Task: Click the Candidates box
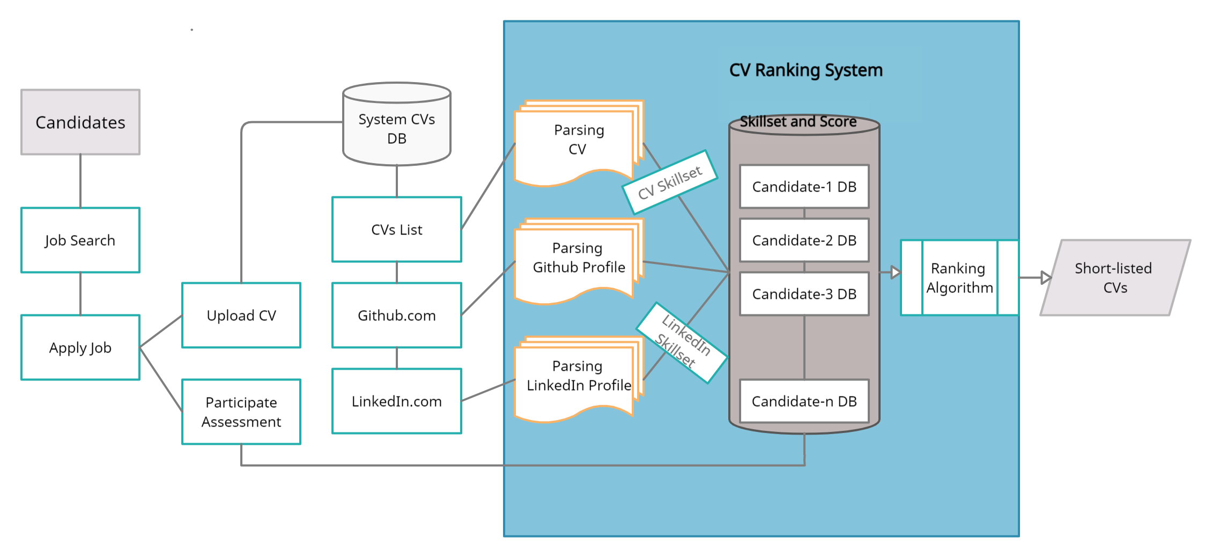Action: (80, 122)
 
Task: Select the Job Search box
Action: (80, 240)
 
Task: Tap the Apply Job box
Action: (80, 348)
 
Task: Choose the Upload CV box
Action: (241, 315)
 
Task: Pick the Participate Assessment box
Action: (241, 412)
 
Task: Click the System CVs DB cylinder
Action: (397, 129)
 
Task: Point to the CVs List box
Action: (397, 230)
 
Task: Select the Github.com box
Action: (397, 315)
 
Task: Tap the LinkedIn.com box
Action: (397, 401)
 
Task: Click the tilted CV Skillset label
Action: (670, 182)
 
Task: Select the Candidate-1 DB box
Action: (804, 187)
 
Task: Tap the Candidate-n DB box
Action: (804, 401)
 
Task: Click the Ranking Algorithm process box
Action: (959, 278)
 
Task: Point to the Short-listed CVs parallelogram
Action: (1115, 278)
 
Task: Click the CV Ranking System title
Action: (805, 70)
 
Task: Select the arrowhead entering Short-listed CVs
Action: (1045, 278)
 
